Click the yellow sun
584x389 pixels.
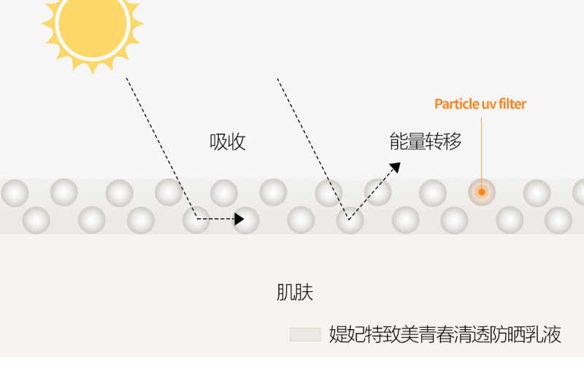coord(93,25)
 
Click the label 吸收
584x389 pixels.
coord(228,142)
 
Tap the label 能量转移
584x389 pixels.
coord(426,142)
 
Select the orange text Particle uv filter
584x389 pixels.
coord(480,104)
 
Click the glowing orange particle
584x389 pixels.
coord(482,192)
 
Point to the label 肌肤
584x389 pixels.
coord(295,293)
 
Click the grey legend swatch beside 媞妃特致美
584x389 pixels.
coord(305,335)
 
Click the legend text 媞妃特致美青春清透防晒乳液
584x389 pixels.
coord(445,335)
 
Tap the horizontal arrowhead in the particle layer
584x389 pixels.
coord(239,218)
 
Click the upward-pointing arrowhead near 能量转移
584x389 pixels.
coord(395,168)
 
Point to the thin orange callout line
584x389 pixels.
coord(482,146)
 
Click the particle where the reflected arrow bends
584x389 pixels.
coord(350,220)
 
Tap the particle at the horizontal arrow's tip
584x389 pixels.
coord(247,220)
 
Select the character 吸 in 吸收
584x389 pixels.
coord(219,142)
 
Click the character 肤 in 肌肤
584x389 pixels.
coord(304,293)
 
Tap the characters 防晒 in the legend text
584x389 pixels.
coord(508,335)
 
